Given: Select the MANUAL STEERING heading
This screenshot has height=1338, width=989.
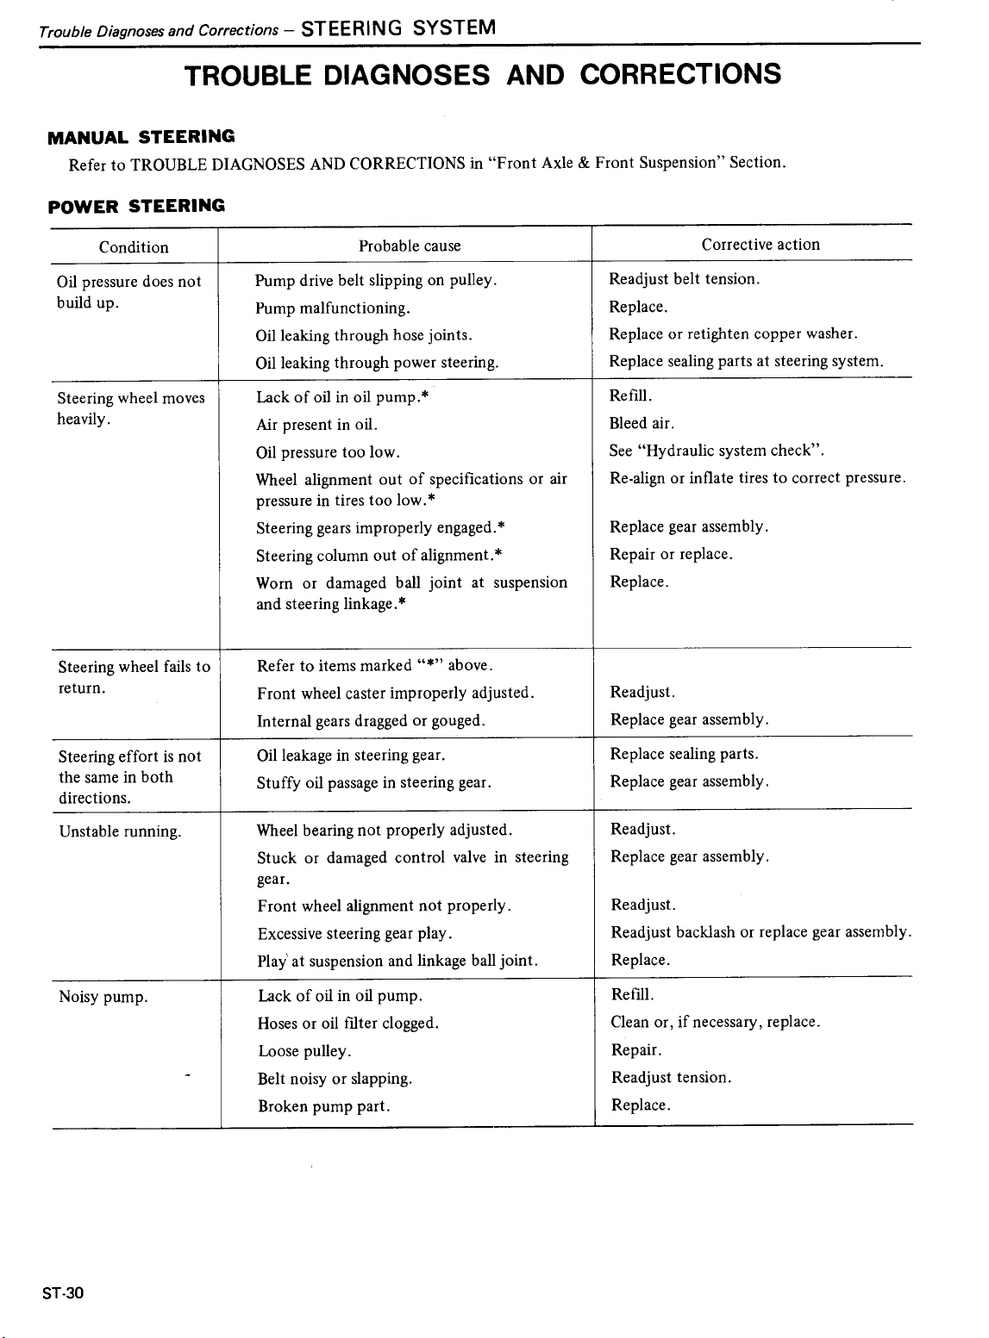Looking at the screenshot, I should pos(141,136).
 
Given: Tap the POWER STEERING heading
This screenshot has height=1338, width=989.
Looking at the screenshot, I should pos(136,205).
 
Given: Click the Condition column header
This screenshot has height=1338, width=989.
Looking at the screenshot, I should pos(134,247).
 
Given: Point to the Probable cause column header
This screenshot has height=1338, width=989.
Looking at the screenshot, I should pos(410,246).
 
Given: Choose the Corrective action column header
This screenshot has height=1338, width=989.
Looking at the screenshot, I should pos(761,245).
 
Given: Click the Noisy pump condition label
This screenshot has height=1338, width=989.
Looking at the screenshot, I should pos(103,998).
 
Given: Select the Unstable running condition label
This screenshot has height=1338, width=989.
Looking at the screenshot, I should pos(120,832).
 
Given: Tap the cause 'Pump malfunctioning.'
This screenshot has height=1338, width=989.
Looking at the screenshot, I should pos(333,308).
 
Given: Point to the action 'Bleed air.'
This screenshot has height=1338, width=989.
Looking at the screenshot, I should pos(642,423).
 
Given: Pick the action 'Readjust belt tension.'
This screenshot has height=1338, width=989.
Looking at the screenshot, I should pos(684,279).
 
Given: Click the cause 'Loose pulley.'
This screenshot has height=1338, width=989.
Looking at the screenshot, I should pos(304,1051).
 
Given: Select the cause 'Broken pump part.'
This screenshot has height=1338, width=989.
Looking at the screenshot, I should pos(324,1106).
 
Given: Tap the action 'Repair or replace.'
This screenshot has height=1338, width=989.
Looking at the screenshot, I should pos(671,554).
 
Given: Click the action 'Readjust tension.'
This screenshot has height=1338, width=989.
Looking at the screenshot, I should pos(671,1078).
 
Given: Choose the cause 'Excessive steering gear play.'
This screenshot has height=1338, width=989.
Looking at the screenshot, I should pos(355,934).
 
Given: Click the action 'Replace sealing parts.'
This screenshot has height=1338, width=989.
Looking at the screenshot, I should pos(685,754).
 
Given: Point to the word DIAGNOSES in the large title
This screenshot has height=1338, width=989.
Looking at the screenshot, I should pos(409,74).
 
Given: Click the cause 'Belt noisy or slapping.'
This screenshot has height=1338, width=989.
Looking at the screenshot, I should pos(335,1079).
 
